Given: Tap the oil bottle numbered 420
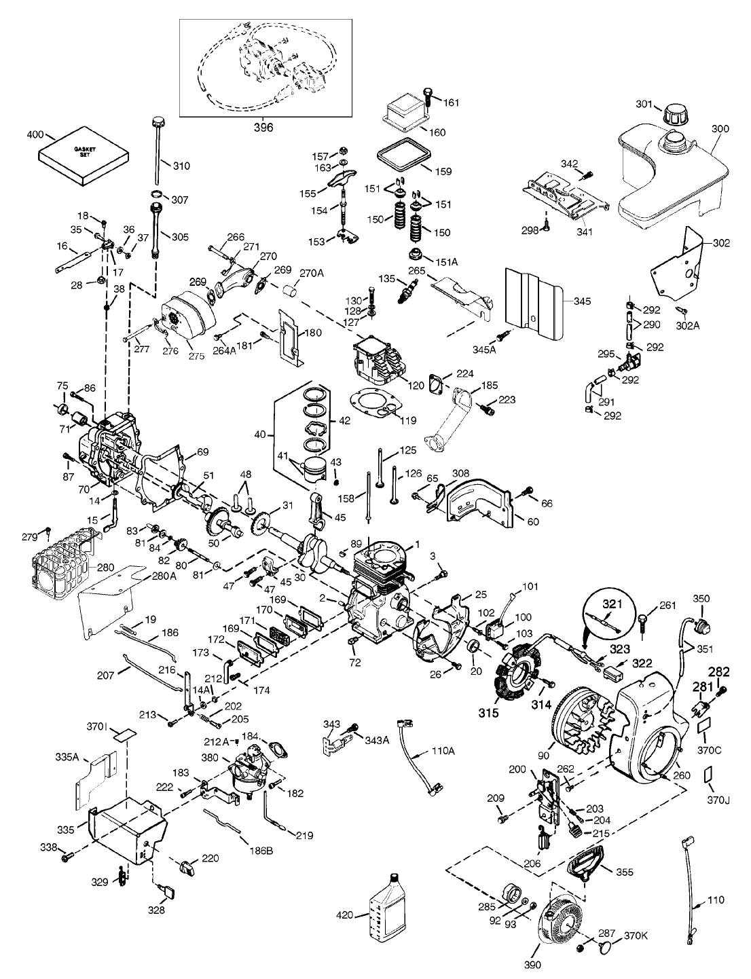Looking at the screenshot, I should click(388, 908).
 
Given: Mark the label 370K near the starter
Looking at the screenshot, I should click(636, 936).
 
